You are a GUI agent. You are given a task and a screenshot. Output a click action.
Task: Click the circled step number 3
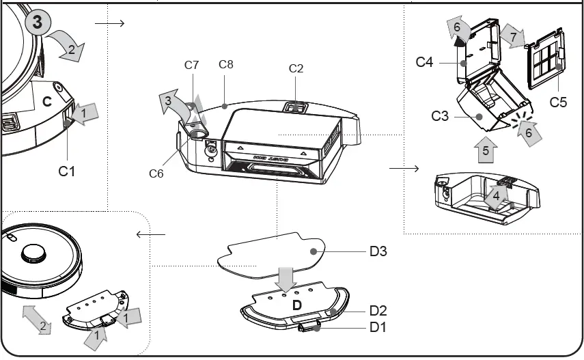[x=37, y=22]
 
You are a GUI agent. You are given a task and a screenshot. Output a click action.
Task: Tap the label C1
[x=66, y=171]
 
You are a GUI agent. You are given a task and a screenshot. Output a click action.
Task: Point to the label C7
[x=192, y=66]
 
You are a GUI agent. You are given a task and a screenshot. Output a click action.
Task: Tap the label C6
[x=156, y=174]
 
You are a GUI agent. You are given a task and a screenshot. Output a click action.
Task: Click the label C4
[x=425, y=62]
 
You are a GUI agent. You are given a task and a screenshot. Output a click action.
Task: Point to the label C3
[x=440, y=115]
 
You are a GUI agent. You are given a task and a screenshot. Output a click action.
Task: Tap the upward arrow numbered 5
[x=486, y=150]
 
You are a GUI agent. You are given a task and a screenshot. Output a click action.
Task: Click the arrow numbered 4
[x=497, y=197]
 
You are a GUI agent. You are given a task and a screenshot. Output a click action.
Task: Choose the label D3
[x=378, y=251]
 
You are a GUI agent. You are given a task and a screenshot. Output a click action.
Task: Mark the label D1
[x=378, y=327]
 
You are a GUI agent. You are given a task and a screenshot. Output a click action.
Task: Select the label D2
[x=378, y=310]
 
